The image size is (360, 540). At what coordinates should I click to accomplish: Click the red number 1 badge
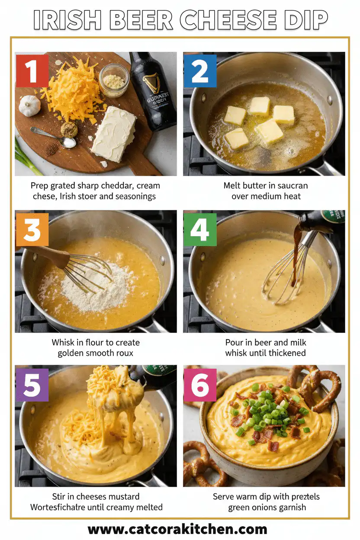point(32,71)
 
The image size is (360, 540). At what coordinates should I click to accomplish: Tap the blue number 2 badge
point(200,71)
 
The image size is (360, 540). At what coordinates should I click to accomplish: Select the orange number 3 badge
point(32,229)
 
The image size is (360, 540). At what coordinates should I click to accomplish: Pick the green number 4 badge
point(200,229)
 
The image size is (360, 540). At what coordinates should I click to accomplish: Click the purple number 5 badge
point(32,384)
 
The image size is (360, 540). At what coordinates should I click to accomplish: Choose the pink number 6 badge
point(200,385)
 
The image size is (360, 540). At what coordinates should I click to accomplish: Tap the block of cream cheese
point(113,133)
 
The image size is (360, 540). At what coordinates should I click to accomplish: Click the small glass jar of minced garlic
point(114,80)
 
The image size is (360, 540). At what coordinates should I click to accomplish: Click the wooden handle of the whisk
point(48,256)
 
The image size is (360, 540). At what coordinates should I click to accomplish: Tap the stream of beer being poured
point(297,255)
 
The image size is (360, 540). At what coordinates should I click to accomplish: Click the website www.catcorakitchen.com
point(177,529)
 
